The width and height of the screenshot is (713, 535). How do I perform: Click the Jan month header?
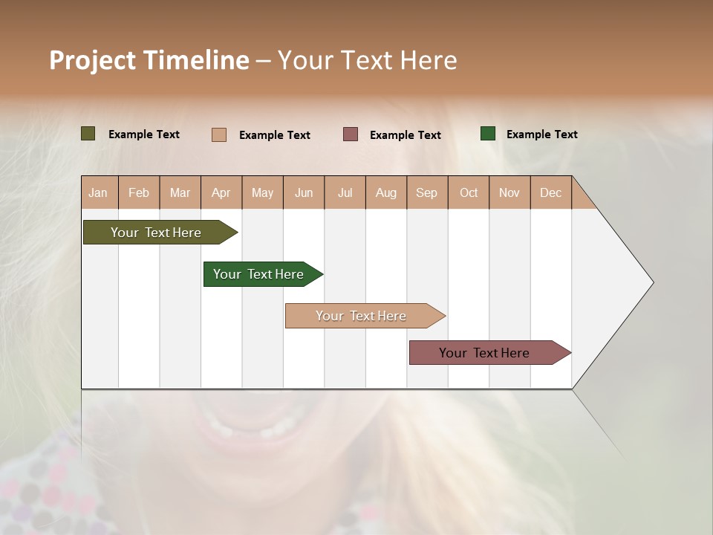[x=98, y=192]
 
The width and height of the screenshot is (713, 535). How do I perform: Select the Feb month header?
[x=139, y=192]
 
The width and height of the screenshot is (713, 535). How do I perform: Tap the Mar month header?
[x=180, y=192]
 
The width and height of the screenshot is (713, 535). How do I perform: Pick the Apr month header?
[x=221, y=192]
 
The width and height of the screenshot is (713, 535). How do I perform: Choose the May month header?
[x=262, y=192]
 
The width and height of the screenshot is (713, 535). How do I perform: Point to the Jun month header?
[x=304, y=192]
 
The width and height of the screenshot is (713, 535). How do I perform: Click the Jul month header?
[x=345, y=192]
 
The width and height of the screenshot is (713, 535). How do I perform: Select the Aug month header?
[x=386, y=192]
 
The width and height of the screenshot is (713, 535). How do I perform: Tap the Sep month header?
[x=427, y=192]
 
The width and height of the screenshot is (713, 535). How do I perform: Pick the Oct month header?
[x=469, y=192]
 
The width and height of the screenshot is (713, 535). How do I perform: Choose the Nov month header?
[x=509, y=192]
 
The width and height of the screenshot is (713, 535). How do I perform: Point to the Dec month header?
[x=551, y=192]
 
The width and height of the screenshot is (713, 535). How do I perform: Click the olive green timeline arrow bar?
[x=157, y=233]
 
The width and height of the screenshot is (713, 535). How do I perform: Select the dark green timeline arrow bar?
[x=259, y=274]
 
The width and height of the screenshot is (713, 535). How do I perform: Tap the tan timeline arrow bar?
[x=362, y=316]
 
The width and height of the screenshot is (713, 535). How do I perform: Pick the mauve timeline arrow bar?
[x=485, y=353]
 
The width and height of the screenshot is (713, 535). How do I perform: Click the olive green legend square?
[x=88, y=134]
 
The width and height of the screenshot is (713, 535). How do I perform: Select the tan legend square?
[x=219, y=134]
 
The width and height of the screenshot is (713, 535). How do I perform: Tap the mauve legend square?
[x=351, y=134]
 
